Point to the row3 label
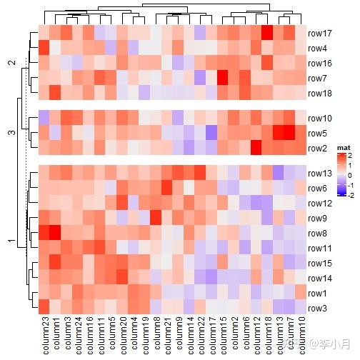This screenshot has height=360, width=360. pos(319,308)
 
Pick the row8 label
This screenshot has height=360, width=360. pos(319,234)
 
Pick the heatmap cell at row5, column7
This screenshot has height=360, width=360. pos(289,133)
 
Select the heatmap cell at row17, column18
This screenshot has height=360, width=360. pos(267,33)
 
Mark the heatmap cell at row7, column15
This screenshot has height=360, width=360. pos(223,78)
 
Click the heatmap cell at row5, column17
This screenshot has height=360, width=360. pos(211,133)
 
